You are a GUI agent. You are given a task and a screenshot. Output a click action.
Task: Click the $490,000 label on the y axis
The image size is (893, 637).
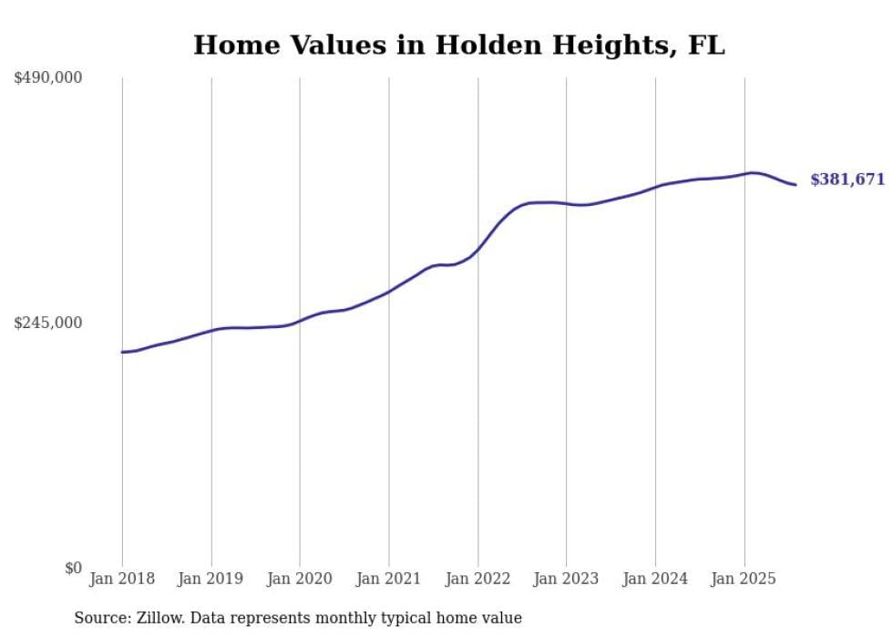tap(48, 78)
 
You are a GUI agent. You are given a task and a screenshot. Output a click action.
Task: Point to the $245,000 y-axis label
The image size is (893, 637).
tap(48, 323)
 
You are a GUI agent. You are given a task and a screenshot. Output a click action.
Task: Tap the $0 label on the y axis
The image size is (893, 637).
tap(73, 568)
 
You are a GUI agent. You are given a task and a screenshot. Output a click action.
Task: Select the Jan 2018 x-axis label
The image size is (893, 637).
tap(122, 579)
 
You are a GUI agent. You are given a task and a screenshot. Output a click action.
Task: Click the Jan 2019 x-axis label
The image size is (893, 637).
tap(211, 579)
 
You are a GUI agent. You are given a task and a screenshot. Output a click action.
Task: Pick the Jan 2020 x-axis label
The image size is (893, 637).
tap(300, 579)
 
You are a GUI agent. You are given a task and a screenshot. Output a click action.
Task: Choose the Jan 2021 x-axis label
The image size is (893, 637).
tap(389, 579)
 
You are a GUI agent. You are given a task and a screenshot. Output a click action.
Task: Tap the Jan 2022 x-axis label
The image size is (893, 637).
tap(477, 579)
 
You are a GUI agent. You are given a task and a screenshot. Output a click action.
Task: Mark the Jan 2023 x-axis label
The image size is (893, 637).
tap(566, 579)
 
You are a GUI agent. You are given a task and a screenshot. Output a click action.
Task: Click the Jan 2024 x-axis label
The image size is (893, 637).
tap(655, 579)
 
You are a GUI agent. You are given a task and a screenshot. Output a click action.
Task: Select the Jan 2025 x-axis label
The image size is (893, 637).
tap(744, 579)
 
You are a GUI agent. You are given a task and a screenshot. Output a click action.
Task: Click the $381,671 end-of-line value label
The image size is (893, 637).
tap(847, 180)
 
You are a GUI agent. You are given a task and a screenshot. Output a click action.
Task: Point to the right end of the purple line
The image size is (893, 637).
tap(796, 185)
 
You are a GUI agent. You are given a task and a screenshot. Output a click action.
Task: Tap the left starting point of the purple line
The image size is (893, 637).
tap(122, 352)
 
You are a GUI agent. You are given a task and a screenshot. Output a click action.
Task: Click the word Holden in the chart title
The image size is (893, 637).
tap(481, 46)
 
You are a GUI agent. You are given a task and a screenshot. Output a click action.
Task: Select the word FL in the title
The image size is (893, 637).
tap(706, 46)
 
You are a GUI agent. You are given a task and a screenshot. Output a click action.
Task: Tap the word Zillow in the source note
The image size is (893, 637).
tap(159, 618)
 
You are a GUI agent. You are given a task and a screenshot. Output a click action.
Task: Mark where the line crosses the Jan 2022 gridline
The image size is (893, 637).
tap(477, 249)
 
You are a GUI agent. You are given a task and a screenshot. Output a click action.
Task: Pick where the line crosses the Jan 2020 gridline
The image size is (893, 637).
tap(300, 321)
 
